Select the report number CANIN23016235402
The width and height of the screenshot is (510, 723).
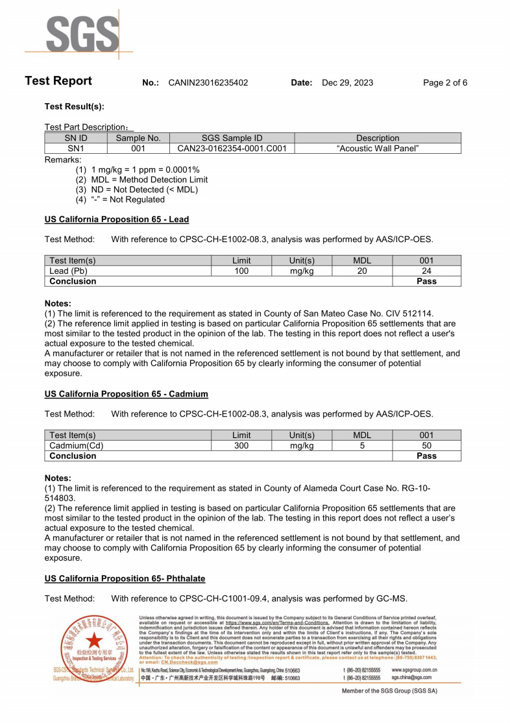point(208,83)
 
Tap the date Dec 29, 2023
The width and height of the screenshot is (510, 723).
point(347,83)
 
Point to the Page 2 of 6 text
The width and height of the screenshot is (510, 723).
point(444,83)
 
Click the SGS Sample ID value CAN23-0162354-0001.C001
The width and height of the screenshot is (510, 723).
point(232,149)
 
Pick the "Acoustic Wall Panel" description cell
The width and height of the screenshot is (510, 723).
point(378,149)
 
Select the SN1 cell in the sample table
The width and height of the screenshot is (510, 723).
point(76,149)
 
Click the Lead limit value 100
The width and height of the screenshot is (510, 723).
point(241,271)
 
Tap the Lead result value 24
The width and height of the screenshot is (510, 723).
point(426,271)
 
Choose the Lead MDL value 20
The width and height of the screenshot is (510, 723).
point(362,271)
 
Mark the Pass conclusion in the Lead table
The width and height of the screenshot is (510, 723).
point(426,282)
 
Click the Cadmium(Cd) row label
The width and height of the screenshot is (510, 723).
point(76,446)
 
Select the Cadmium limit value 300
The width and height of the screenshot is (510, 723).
point(241,446)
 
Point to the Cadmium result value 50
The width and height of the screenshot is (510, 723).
point(426,446)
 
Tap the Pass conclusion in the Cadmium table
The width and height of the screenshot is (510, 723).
point(426,456)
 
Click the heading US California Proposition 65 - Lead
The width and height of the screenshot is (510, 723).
point(117,219)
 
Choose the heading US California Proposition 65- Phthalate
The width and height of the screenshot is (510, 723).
point(125,579)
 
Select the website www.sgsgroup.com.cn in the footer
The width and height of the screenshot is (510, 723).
point(414,669)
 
